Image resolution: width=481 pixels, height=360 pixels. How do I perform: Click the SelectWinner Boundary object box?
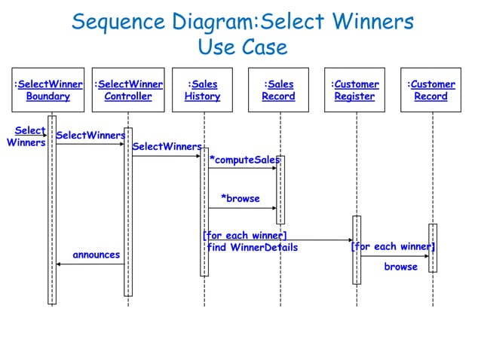(48, 90)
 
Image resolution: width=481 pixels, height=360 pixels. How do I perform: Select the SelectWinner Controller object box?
(127, 90)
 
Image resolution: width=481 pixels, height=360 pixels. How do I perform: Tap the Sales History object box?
(203, 90)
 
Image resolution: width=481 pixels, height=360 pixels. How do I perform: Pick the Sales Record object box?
(279, 90)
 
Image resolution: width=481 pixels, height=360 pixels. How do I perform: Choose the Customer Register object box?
(355, 90)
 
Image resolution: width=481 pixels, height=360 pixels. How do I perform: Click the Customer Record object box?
(431, 90)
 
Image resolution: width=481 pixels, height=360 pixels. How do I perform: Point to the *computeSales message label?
(245, 160)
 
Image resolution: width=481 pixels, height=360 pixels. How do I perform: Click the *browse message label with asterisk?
(240, 199)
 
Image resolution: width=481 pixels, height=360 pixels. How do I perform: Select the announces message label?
(96, 255)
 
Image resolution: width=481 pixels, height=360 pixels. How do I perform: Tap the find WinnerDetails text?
(253, 248)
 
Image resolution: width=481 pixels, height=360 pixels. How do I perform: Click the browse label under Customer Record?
(400, 267)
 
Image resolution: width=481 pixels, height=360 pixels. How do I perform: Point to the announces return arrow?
(90, 264)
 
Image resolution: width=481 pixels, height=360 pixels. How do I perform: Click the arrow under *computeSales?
(242, 168)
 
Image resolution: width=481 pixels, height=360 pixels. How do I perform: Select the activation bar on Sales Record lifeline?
(280, 190)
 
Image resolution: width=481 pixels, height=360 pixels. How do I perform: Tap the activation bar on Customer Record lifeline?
(432, 247)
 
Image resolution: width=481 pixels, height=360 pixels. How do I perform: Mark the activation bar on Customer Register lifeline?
(356, 250)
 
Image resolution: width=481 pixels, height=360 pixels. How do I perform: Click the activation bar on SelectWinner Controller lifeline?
(128, 211)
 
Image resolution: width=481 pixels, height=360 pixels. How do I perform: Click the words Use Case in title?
(242, 47)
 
